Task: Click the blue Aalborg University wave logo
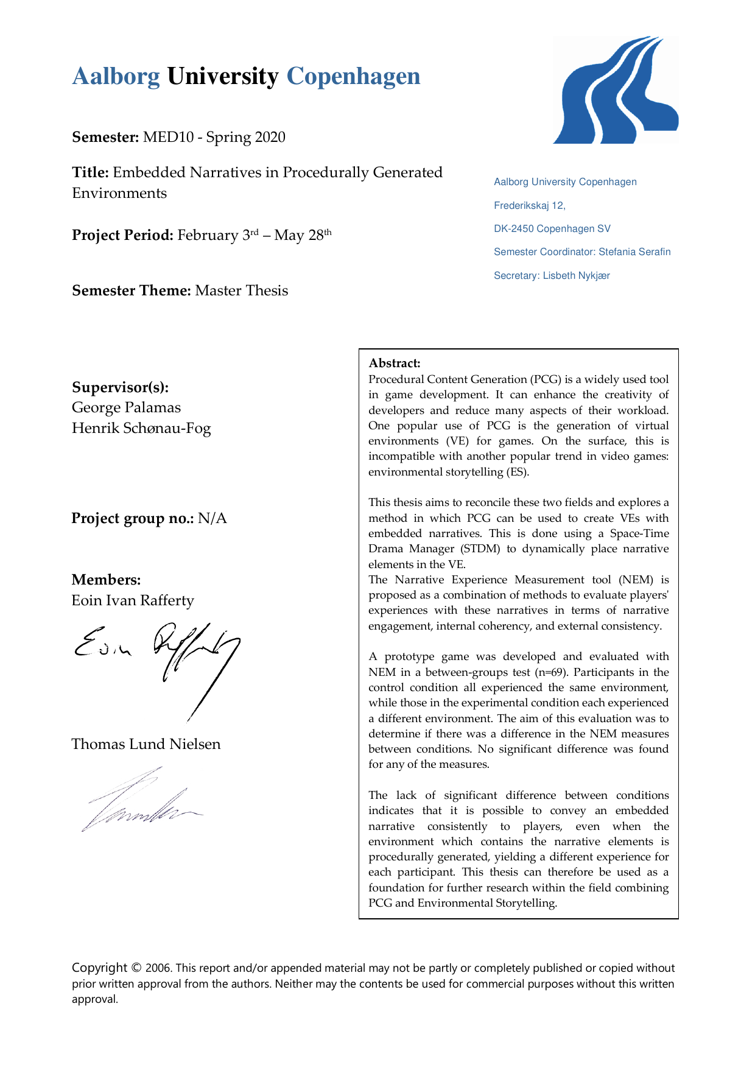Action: click(x=615, y=90)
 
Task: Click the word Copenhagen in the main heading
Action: click(x=353, y=77)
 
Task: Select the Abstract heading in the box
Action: click(x=395, y=364)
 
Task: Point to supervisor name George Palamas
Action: click(x=126, y=407)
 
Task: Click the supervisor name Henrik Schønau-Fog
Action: click(x=141, y=428)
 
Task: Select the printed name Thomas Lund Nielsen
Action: click(x=146, y=744)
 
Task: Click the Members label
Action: click(x=106, y=580)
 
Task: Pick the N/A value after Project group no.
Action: click(x=212, y=518)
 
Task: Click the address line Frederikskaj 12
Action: click(x=529, y=206)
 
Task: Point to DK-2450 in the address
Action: click(x=514, y=229)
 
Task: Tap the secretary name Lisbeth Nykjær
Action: click(x=576, y=276)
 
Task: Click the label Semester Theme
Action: click(x=132, y=291)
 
